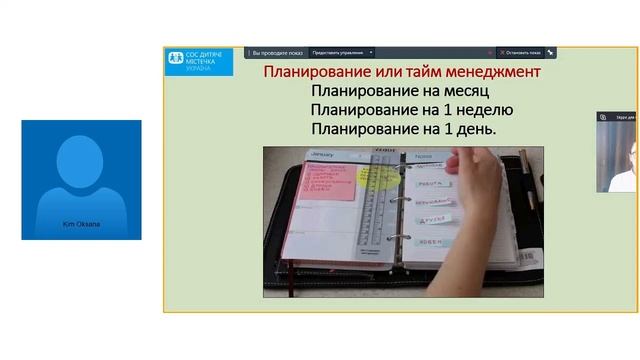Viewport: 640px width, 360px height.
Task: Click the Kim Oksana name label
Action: (81, 224)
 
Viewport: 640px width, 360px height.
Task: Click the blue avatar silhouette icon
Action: (81, 174)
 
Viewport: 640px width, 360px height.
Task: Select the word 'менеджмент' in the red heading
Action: (489, 72)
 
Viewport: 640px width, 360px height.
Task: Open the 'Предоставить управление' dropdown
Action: (342, 52)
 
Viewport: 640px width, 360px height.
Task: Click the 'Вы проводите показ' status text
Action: (276, 52)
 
